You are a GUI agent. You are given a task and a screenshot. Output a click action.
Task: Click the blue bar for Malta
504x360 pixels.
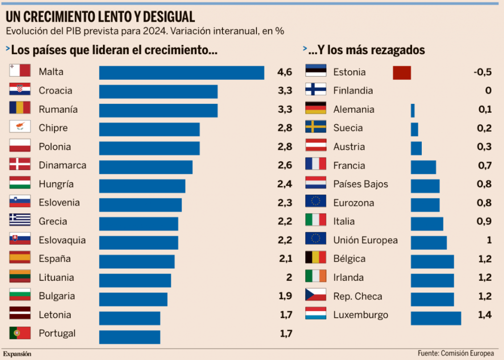(x=181, y=72)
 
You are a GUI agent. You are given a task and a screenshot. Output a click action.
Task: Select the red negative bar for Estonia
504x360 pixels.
(x=402, y=73)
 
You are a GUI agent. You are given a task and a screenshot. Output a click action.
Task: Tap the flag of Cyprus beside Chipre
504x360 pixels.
(x=20, y=128)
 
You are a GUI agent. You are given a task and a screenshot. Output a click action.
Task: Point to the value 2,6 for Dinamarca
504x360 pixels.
(x=284, y=165)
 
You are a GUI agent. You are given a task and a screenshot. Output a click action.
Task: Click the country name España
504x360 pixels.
(x=55, y=259)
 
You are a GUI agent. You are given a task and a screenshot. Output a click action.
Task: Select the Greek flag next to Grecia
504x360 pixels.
(x=20, y=221)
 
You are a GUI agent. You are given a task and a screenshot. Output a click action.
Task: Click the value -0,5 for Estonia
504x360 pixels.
(x=482, y=72)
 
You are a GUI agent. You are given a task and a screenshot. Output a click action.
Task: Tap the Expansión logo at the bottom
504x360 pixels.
(x=17, y=354)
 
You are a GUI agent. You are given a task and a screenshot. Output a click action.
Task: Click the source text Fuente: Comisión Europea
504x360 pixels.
(x=455, y=354)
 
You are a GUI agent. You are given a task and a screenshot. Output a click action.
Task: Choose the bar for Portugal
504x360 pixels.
(x=129, y=336)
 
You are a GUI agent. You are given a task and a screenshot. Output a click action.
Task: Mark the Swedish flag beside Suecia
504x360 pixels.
(x=315, y=128)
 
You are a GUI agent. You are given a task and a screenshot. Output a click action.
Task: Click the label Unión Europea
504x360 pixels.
(x=365, y=240)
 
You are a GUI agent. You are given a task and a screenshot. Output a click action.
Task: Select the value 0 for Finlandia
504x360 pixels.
(x=488, y=91)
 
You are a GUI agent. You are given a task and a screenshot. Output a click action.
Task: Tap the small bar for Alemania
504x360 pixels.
(x=413, y=110)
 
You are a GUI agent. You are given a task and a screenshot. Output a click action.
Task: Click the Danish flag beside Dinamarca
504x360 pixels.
(x=20, y=165)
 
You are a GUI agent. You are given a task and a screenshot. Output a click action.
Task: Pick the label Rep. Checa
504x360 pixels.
(x=357, y=296)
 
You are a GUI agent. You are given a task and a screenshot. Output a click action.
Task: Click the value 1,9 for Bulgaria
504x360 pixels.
(x=285, y=296)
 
